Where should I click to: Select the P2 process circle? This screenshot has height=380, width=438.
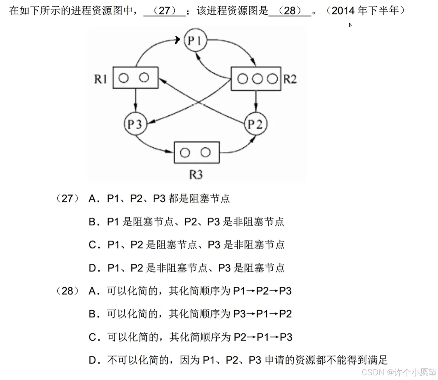click(255, 124)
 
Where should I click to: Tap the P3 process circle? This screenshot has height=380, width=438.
click(135, 124)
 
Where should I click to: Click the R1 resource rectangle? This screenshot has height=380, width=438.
click(135, 78)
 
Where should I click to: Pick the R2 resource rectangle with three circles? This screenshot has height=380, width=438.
click(256, 78)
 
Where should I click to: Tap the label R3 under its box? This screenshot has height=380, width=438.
click(196, 174)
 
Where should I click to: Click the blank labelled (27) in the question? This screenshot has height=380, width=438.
click(165, 11)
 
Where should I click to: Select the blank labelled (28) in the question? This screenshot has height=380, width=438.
click(290, 11)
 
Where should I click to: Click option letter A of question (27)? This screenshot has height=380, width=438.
click(92, 199)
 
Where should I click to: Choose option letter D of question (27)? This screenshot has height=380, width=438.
click(92, 268)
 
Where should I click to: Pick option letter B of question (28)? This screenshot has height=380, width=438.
click(92, 314)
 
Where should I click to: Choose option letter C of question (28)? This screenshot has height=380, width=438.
click(92, 337)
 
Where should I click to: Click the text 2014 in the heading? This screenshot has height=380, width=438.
click(344, 11)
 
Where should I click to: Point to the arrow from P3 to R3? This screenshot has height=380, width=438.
click(156, 146)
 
